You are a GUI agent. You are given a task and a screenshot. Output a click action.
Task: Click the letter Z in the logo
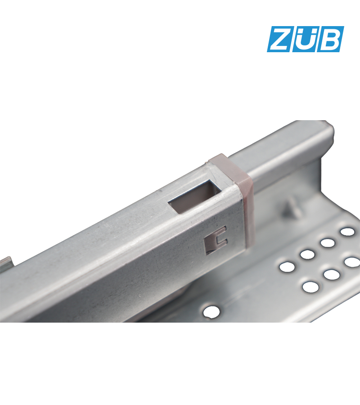click(x=279, y=39)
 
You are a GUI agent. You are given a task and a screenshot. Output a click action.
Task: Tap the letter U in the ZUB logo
click(x=305, y=41)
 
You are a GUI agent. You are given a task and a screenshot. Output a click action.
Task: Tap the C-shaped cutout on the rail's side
click(x=216, y=240)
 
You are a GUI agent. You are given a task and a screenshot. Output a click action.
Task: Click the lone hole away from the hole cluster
click(x=211, y=312)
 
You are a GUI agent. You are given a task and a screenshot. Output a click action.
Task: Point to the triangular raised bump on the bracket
click(x=292, y=209)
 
